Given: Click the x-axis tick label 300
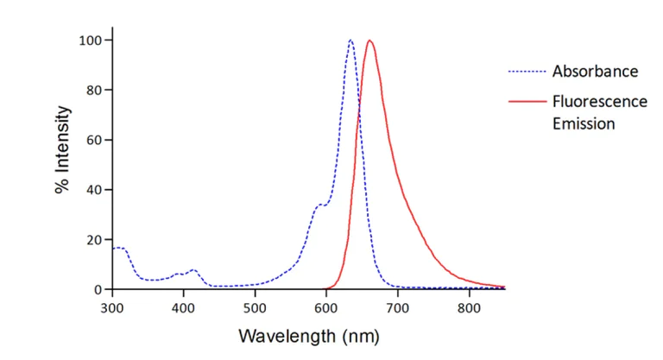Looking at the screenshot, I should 112,306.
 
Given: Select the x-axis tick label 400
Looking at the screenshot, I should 183,306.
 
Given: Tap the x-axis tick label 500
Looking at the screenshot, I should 255,306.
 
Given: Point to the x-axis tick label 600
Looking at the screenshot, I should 326,306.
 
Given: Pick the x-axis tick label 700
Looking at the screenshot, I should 397,306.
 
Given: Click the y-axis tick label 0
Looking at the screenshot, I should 98,289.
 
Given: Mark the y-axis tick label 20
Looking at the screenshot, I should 94,239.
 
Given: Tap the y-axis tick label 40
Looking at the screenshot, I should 94,190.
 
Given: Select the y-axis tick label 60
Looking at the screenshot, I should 94,140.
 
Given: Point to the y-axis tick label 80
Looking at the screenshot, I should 94,90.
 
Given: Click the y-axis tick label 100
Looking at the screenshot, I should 91,41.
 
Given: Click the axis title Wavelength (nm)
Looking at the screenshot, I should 308,335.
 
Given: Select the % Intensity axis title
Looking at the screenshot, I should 63,150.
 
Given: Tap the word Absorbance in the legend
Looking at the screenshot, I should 595,72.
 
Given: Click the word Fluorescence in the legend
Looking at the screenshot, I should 599,101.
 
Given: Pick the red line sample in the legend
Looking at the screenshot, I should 527,101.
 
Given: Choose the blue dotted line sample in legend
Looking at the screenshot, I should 527,72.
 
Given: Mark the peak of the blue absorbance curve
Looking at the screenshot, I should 350,40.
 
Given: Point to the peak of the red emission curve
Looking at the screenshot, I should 369,40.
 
